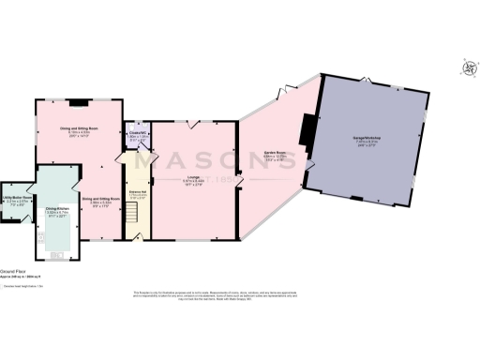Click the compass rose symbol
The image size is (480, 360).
tap(466, 67)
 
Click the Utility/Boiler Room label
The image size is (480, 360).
tap(18, 200)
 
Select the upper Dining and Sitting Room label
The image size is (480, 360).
tap(79, 132)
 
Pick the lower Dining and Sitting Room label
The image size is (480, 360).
tap(99, 200)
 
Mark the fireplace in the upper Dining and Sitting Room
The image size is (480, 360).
tap(79, 101)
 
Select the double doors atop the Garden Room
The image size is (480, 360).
tap(278, 92)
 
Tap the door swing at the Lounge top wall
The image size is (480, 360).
tap(194, 124)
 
